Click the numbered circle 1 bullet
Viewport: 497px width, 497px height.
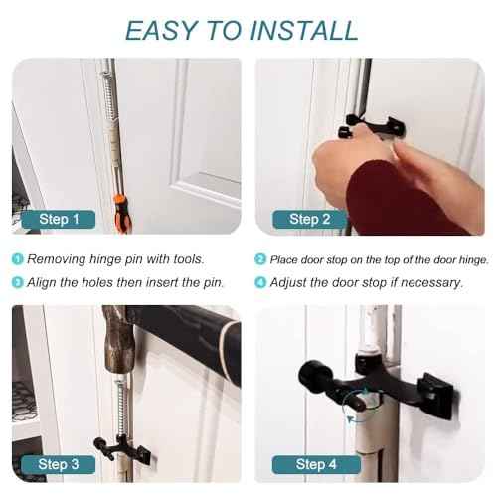pyautogui.click(x=18, y=260)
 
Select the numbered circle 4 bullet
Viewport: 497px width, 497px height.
pyautogui.click(x=260, y=282)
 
